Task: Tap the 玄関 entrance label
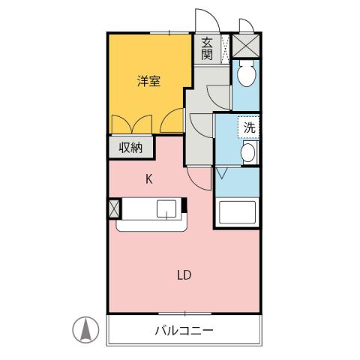pyautogui.click(x=207, y=49)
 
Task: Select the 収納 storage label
pyautogui.click(x=130, y=147)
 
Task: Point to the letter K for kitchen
pyautogui.click(x=148, y=178)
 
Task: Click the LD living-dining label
pyautogui.click(x=184, y=274)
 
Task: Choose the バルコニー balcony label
pyautogui.click(x=184, y=330)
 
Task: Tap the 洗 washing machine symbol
pyautogui.click(x=250, y=127)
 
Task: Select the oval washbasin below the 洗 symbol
pyautogui.click(x=247, y=154)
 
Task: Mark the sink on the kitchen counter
pyautogui.click(x=166, y=210)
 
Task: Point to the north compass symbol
pyautogui.click(x=86, y=329)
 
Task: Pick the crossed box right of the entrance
pyautogui.click(x=245, y=45)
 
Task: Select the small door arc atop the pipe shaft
pyautogui.click(x=246, y=26)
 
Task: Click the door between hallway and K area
pyautogui.click(x=196, y=177)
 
